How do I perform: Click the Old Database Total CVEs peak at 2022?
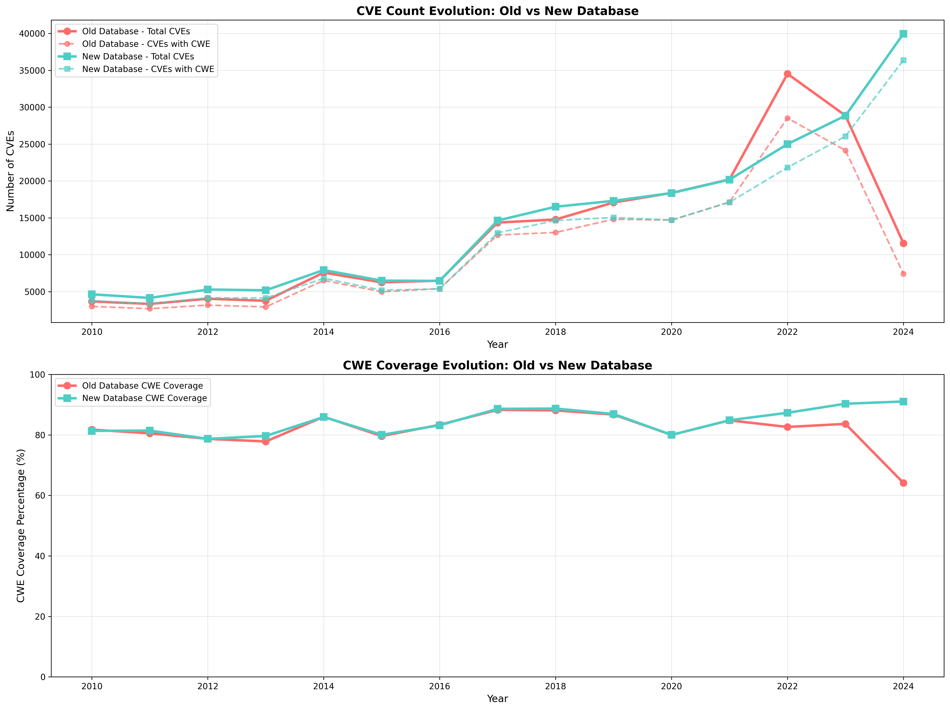tap(787, 74)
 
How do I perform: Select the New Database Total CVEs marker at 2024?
tap(903, 34)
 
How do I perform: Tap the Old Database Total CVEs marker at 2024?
tap(903, 243)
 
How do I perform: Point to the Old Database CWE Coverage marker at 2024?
tap(903, 483)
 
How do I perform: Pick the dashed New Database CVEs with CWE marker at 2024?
tap(903, 60)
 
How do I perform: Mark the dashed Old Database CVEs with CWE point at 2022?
tap(787, 118)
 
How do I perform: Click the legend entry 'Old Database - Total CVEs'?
tap(136, 31)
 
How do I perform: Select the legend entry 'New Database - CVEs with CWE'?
tap(148, 69)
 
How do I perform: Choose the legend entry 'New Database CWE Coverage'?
tap(144, 398)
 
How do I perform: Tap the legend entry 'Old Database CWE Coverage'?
tap(142, 386)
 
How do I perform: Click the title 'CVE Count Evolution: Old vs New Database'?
tap(497, 11)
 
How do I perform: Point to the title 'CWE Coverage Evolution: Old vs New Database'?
tap(497, 366)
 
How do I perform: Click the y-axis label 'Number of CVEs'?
tap(11, 171)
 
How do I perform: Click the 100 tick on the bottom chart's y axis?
tap(38, 375)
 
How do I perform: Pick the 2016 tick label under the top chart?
tap(439, 332)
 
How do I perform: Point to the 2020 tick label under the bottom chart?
tap(671, 686)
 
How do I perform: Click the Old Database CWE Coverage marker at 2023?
tap(845, 424)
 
